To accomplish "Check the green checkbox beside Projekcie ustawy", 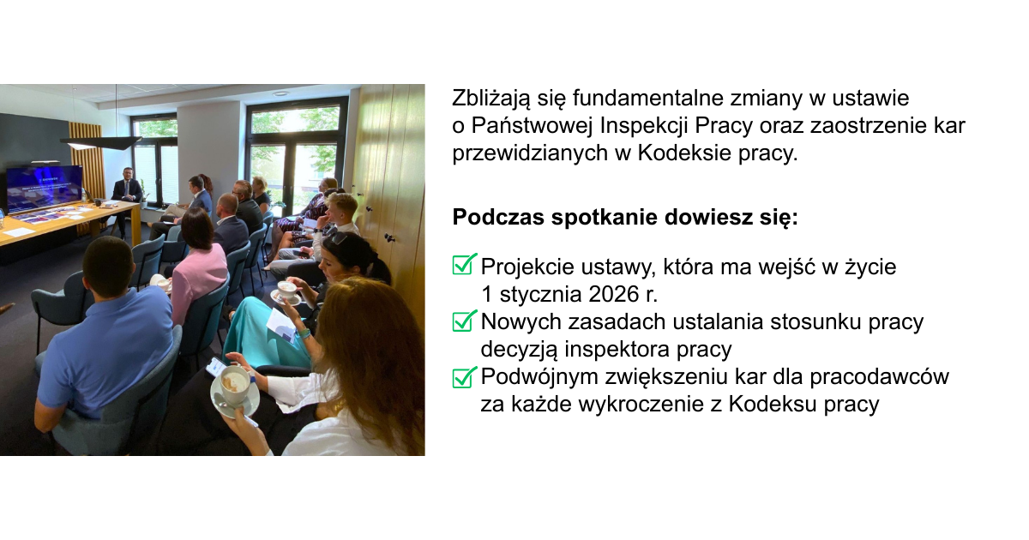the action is point(465,264).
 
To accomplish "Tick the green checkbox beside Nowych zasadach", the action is point(465,321).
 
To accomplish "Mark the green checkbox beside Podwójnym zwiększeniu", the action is point(465,377).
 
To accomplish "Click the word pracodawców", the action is point(879,377).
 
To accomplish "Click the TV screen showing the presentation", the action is point(44,189).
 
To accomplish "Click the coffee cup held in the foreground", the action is point(235,384).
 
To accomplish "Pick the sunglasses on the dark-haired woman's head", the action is point(339,238).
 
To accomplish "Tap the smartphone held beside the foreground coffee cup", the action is point(215,367).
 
